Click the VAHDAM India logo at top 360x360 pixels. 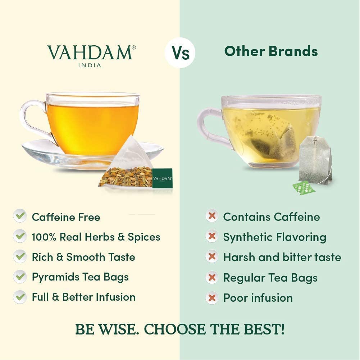[x=90, y=55]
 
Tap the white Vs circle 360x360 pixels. [x=180, y=53]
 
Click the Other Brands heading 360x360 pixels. [x=271, y=51]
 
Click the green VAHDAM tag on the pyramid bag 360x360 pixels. [x=162, y=178]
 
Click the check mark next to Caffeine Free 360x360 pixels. [x=20, y=217]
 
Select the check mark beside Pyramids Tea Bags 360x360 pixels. [x=20, y=277]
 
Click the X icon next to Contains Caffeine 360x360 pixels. [x=212, y=217]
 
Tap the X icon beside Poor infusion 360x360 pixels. [x=212, y=297]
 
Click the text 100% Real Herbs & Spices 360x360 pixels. [x=96, y=237]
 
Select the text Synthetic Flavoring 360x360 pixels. [x=275, y=237]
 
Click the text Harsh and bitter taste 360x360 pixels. [x=282, y=257]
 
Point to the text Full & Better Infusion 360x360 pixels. [x=83, y=297]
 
